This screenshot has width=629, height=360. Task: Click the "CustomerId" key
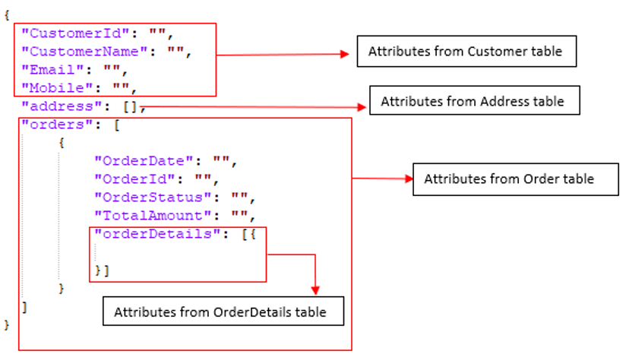point(75,33)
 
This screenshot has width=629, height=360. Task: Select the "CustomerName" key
point(84,52)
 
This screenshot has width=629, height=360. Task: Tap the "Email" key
point(52,70)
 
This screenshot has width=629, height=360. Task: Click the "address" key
point(62,106)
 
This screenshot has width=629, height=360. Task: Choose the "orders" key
point(57,125)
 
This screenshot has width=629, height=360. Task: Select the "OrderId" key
point(134,179)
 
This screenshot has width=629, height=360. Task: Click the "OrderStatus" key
point(153,197)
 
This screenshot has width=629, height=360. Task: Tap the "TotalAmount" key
point(153,216)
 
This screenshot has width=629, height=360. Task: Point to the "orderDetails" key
point(158,234)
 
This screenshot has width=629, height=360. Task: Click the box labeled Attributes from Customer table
point(466,52)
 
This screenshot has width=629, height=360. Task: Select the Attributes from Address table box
point(475,100)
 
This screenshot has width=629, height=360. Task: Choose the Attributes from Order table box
point(516,179)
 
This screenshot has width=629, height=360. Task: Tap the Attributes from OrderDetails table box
point(223,311)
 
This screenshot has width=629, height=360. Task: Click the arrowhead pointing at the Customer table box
point(345,54)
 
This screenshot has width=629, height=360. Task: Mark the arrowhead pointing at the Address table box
point(362,107)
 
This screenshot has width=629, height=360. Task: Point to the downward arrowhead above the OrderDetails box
point(315,290)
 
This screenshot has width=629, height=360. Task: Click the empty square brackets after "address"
point(130,107)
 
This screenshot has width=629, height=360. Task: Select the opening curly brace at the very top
point(7,15)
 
